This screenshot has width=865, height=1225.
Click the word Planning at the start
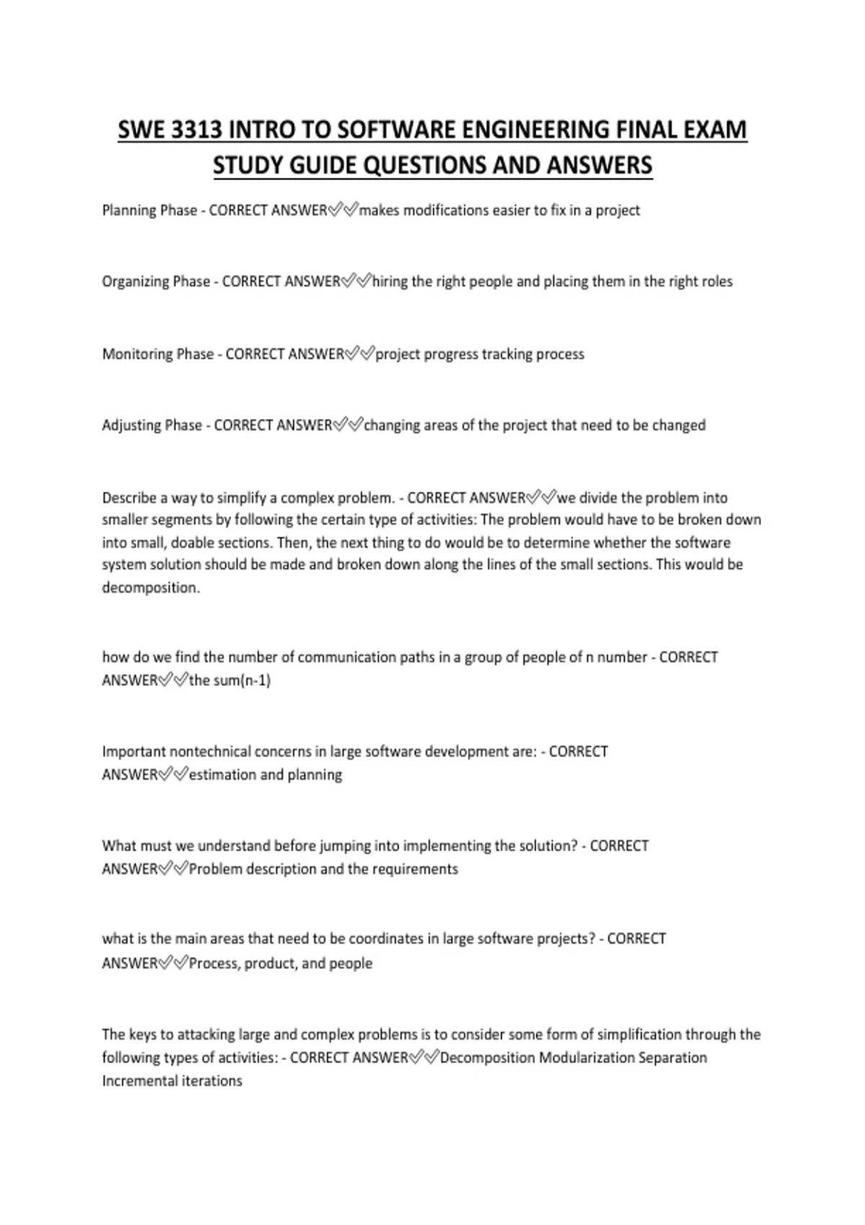pyautogui.click(x=128, y=210)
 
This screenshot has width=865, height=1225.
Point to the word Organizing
pyautogui.click(x=134, y=282)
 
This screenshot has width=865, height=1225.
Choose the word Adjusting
pyautogui.click(x=130, y=425)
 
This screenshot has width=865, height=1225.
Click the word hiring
pyautogui.click(x=390, y=281)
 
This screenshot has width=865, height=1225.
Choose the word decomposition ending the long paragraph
pyautogui.click(x=151, y=588)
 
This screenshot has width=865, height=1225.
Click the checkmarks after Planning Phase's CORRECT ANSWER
pyautogui.click(x=343, y=210)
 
